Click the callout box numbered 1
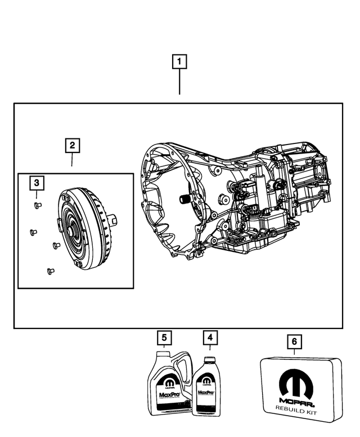[179, 62]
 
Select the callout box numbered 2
[72, 146]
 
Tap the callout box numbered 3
[36, 183]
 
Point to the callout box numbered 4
[209, 338]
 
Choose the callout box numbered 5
[164, 338]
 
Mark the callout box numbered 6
[294, 341]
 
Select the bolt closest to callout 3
[38, 205]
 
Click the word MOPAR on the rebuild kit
[296, 403]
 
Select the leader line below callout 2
[72, 160]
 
